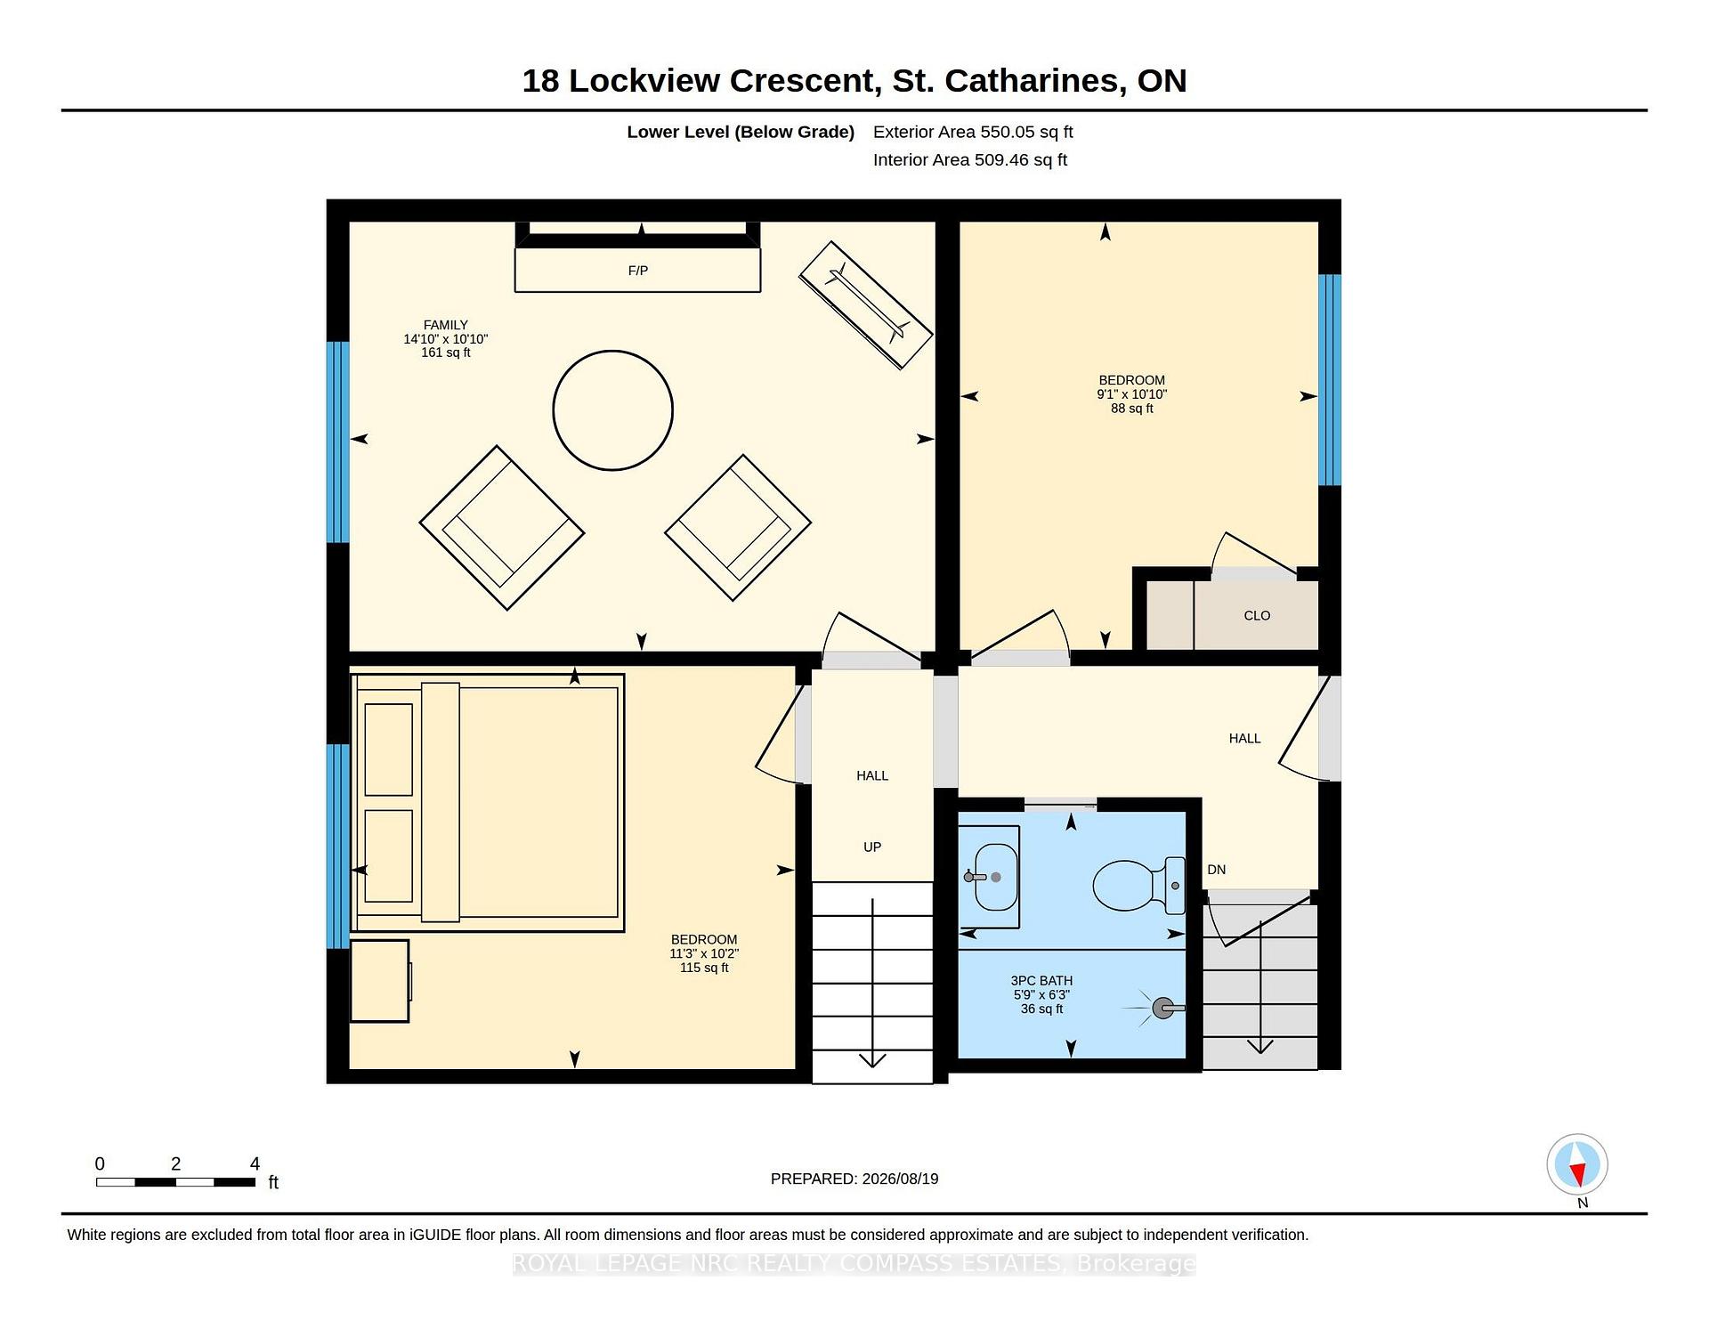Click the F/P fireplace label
point(638,271)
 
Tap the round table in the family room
point(613,410)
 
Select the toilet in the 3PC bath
point(1139,886)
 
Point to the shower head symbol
point(1162,1009)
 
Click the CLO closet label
point(1257,616)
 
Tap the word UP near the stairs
point(872,847)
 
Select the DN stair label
point(1217,870)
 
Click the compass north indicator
point(1577,1164)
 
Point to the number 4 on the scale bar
point(255,1163)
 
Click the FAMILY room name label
point(446,325)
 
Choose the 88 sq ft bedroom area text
point(1132,409)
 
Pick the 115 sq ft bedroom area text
point(704,968)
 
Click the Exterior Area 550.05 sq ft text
point(973,132)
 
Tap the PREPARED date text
point(854,1179)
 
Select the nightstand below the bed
point(380,981)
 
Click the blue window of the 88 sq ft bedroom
point(1330,380)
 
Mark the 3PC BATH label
point(1041,981)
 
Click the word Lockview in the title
point(644,81)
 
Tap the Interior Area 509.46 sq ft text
point(970,160)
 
